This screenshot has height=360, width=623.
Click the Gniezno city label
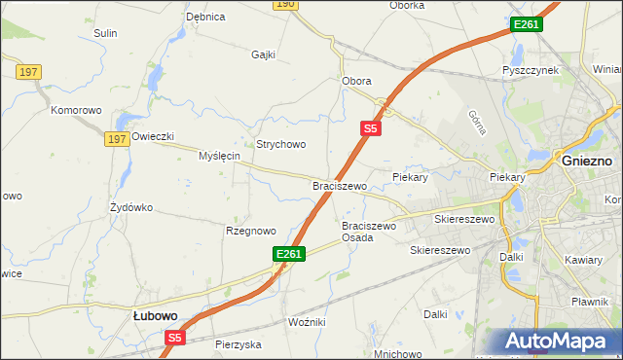point(587,160)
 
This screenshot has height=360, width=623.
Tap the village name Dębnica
point(205,17)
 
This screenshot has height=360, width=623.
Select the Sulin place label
point(105,33)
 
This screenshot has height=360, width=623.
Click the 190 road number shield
point(283,5)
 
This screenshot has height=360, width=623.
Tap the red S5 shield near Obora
point(370,127)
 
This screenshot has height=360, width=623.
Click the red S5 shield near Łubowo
point(174,338)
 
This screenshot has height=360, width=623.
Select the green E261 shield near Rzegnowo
point(290,254)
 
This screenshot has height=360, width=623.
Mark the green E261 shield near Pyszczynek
point(526,24)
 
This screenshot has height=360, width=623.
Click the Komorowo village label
point(76,110)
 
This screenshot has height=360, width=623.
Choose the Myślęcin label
point(219,156)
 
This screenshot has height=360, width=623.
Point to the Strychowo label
point(281,144)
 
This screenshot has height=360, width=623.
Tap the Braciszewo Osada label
point(370,232)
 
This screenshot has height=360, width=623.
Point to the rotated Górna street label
point(477,120)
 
